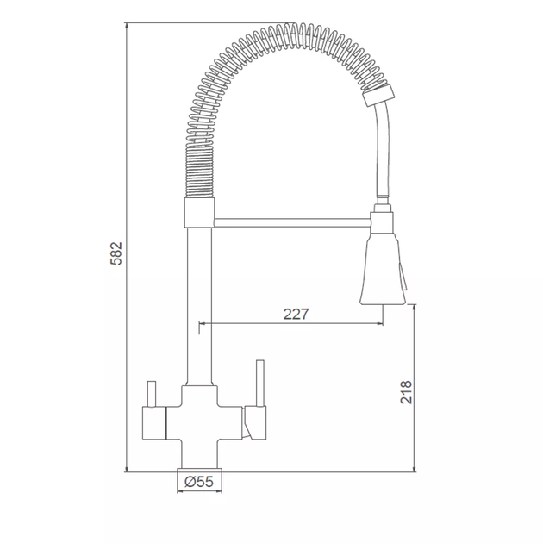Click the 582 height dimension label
pos(116,253)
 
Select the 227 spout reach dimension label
pos(296,314)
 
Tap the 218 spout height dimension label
pos(406,392)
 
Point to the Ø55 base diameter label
pos(199,481)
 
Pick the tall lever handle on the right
pos(260,384)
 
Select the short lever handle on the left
pos(152,394)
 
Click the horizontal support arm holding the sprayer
pos(292,222)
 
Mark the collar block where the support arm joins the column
pos(199,213)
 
